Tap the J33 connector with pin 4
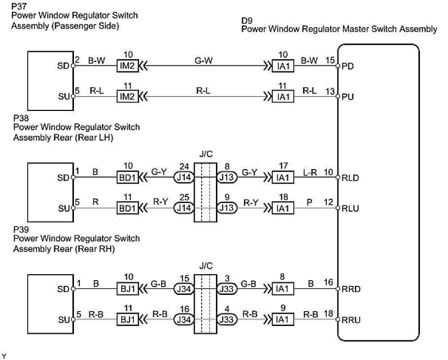pyautogui.click(x=227, y=320)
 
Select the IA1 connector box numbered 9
pyautogui.click(x=283, y=320)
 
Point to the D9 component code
pyautogui.click(x=246, y=21)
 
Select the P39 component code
pyautogui.click(x=19, y=230)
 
